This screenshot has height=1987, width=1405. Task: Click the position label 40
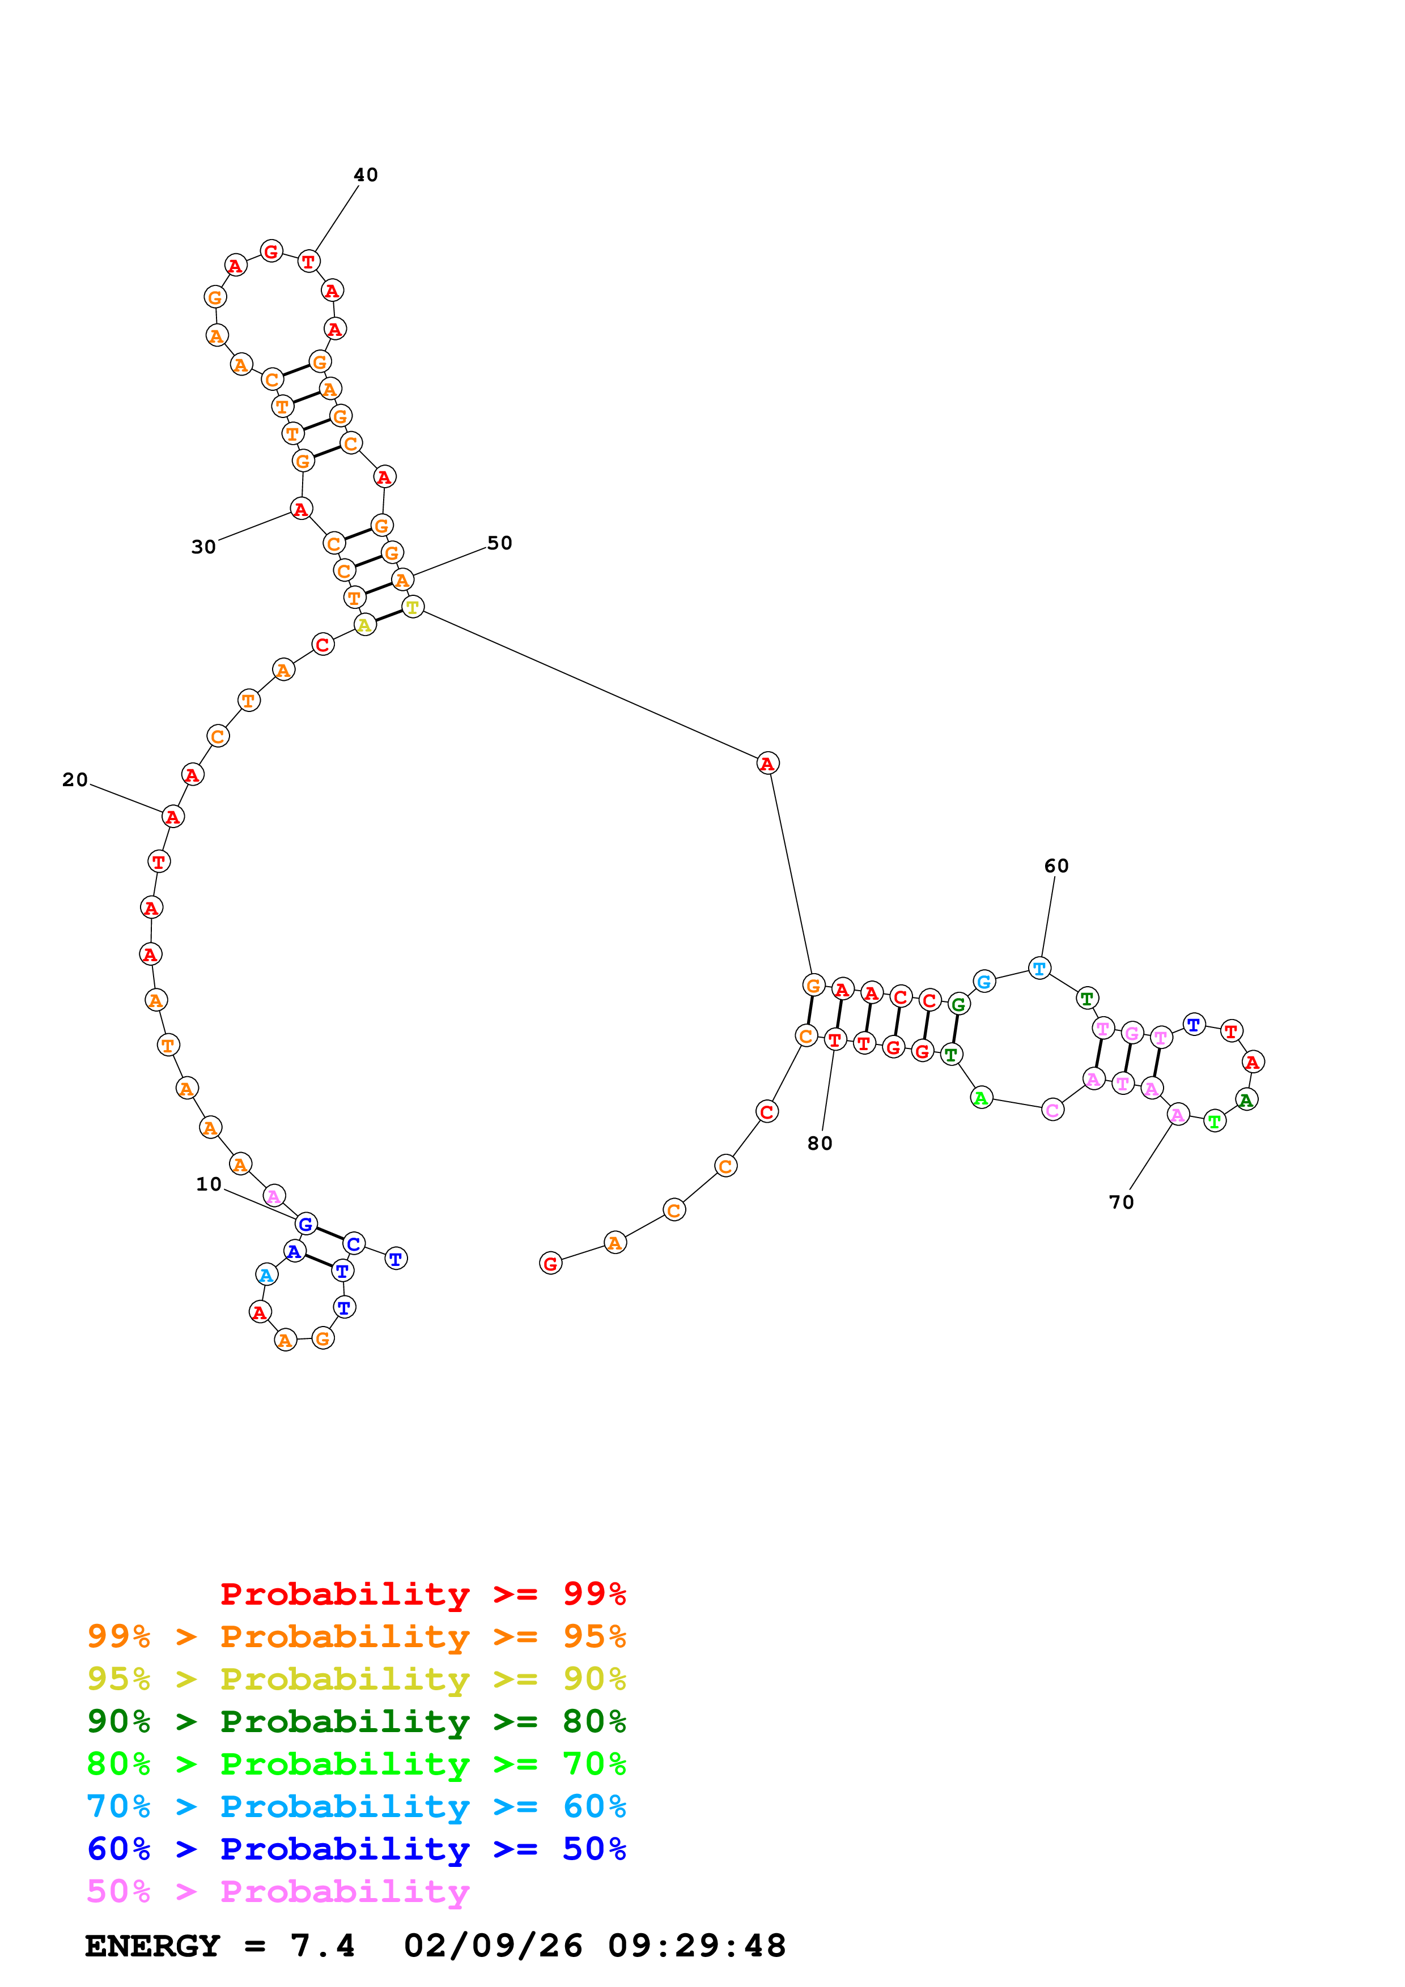[366, 175]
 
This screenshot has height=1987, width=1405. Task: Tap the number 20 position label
[75, 780]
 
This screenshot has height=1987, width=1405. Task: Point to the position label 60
[1056, 865]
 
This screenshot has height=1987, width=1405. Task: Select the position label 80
[820, 1143]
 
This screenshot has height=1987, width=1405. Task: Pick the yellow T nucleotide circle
[413, 608]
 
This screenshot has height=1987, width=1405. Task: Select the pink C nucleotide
[1052, 1110]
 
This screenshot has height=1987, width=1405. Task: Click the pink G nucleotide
[1131, 1033]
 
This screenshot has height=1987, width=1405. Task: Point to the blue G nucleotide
[305, 1223]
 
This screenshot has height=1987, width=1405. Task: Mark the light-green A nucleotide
[981, 1098]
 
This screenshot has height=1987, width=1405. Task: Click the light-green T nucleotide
[1215, 1122]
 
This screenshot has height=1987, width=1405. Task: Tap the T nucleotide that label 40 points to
[308, 261]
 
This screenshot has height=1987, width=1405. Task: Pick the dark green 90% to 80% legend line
[356, 1721]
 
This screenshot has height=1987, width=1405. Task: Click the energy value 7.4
[322, 1946]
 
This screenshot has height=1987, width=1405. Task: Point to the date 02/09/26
[493, 1946]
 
